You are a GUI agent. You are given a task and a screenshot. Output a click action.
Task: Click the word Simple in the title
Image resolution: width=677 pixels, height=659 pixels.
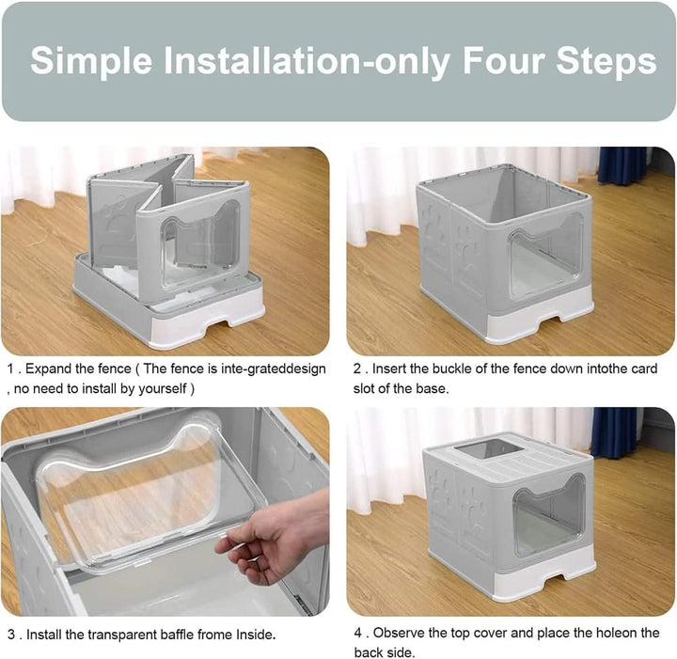(x=91, y=61)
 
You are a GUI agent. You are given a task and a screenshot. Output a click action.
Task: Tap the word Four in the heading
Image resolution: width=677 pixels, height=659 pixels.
(x=503, y=60)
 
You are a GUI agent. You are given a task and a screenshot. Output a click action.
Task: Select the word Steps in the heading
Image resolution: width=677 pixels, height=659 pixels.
(x=606, y=62)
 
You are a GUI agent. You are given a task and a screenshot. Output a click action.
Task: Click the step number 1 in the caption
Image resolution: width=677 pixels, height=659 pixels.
(x=10, y=369)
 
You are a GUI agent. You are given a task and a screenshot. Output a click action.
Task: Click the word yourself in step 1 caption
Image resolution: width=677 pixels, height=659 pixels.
(x=162, y=389)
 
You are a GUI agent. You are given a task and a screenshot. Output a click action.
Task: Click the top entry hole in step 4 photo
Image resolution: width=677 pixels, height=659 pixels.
(x=489, y=449)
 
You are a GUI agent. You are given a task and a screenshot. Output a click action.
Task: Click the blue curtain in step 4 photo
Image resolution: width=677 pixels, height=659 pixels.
(x=614, y=432)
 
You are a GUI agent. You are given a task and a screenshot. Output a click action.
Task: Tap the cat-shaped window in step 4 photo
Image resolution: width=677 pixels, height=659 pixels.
(x=550, y=514)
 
